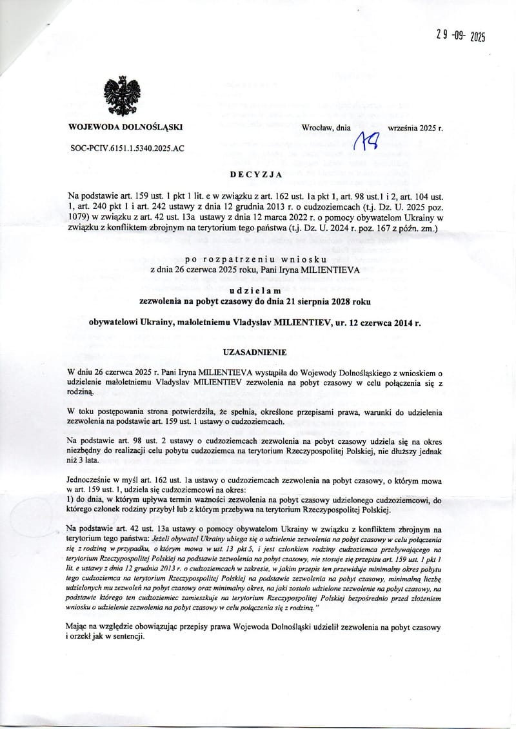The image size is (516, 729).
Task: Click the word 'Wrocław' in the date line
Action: pos(317,128)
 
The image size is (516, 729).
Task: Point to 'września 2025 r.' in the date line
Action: pos(415,128)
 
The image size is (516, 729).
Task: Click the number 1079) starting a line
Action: pos(80,217)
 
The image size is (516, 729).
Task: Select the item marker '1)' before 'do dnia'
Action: pos(71,499)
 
